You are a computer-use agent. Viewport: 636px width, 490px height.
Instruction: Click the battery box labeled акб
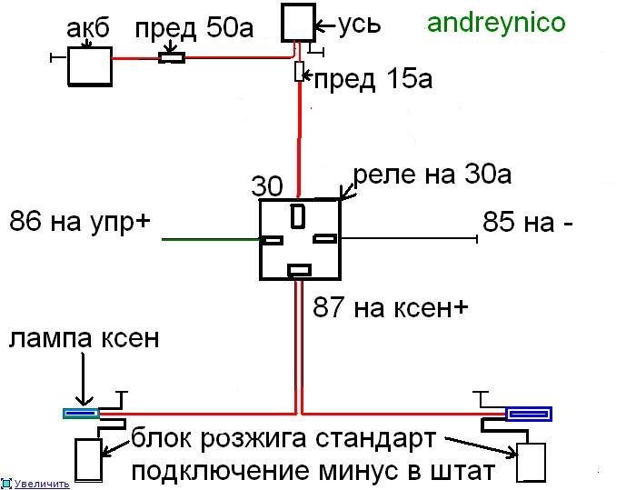pyautogui.click(x=90, y=66)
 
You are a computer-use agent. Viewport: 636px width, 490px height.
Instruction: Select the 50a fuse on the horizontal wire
pyautogui.click(x=172, y=58)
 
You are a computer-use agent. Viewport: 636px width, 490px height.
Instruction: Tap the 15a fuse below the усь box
pyautogui.click(x=299, y=72)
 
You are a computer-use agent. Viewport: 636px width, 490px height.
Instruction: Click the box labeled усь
pyautogui.click(x=299, y=23)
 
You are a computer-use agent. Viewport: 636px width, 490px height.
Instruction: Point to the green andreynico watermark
pyautogui.click(x=496, y=23)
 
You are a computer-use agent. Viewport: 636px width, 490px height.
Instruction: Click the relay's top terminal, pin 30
pyautogui.click(x=298, y=216)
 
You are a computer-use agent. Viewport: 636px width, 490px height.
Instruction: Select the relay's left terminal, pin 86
pyautogui.click(x=272, y=240)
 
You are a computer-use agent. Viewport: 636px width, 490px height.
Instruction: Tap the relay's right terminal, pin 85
pyautogui.click(x=325, y=239)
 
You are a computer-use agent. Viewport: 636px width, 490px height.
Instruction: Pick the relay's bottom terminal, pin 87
pyautogui.click(x=299, y=270)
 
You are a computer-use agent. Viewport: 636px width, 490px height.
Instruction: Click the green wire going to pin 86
pyautogui.click(x=211, y=239)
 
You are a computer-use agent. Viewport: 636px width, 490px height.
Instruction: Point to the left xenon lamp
pyautogui.click(x=81, y=414)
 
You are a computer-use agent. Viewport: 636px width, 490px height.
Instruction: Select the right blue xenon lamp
pyautogui.click(x=529, y=414)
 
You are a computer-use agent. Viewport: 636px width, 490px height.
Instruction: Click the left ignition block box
pyautogui.click(x=88, y=459)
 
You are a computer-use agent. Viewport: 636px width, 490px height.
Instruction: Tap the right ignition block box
pyautogui.click(x=531, y=463)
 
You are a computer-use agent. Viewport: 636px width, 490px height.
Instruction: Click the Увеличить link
pyautogui.click(x=42, y=484)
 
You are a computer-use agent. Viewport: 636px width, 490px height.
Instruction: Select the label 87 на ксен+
pyautogui.click(x=390, y=307)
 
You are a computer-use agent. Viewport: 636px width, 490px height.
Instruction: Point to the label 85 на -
pyautogui.click(x=528, y=222)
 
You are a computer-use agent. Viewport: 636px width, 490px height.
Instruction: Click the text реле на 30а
pyautogui.click(x=432, y=175)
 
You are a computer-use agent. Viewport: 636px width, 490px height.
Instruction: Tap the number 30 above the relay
pyautogui.click(x=267, y=186)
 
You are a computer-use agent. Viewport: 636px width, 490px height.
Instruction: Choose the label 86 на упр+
pyautogui.click(x=80, y=222)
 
